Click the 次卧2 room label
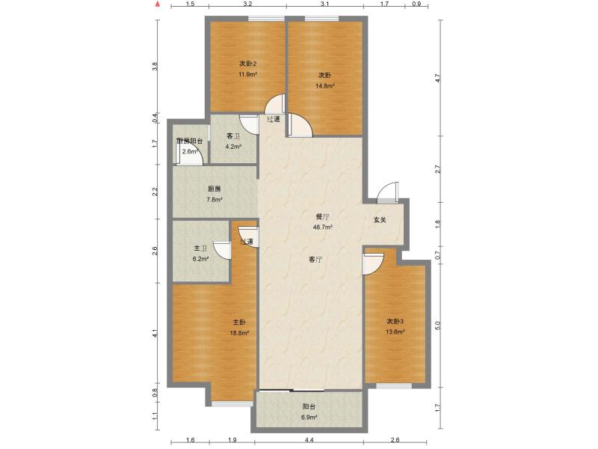[x=247, y=64]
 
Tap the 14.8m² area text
[x=324, y=86]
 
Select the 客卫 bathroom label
[x=233, y=136]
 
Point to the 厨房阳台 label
[x=190, y=141]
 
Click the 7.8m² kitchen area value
[x=215, y=199]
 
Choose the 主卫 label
[x=200, y=248]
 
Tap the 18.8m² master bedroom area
[x=239, y=332]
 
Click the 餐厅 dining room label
[x=322, y=216]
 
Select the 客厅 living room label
[x=315, y=260]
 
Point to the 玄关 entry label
[x=380, y=220]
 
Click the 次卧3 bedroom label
[x=395, y=322]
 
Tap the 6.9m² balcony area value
[x=309, y=418]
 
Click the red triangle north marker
[x=157, y=4]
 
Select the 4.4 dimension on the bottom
[x=309, y=440]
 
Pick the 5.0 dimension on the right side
[x=437, y=326]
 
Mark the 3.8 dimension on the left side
[x=155, y=66]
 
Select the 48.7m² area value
[x=323, y=227]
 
